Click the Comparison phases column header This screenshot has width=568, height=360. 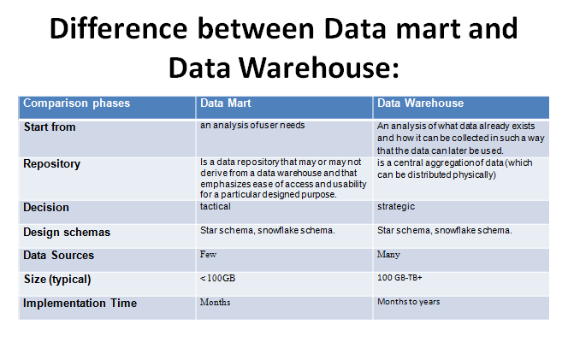[x=76, y=103]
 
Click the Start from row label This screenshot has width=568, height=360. [x=50, y=127]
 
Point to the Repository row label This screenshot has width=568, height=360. [x=52, y=163]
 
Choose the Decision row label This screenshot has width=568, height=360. [x=46, y=208]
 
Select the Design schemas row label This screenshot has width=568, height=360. [x=67, y=232]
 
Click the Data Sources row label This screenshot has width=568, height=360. [x=59, y=256]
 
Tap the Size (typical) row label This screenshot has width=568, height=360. [x=57, y=279]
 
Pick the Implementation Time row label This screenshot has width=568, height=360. [x=80, y=303]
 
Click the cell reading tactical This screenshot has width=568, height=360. [x=216, y=207]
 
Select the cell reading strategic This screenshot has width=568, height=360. [x=394, y=207]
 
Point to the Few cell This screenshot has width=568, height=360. [x=208, y=255]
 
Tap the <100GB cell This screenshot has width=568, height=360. [x=217, y=279]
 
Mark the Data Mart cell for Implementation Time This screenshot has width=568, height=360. [x=215, y=303]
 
